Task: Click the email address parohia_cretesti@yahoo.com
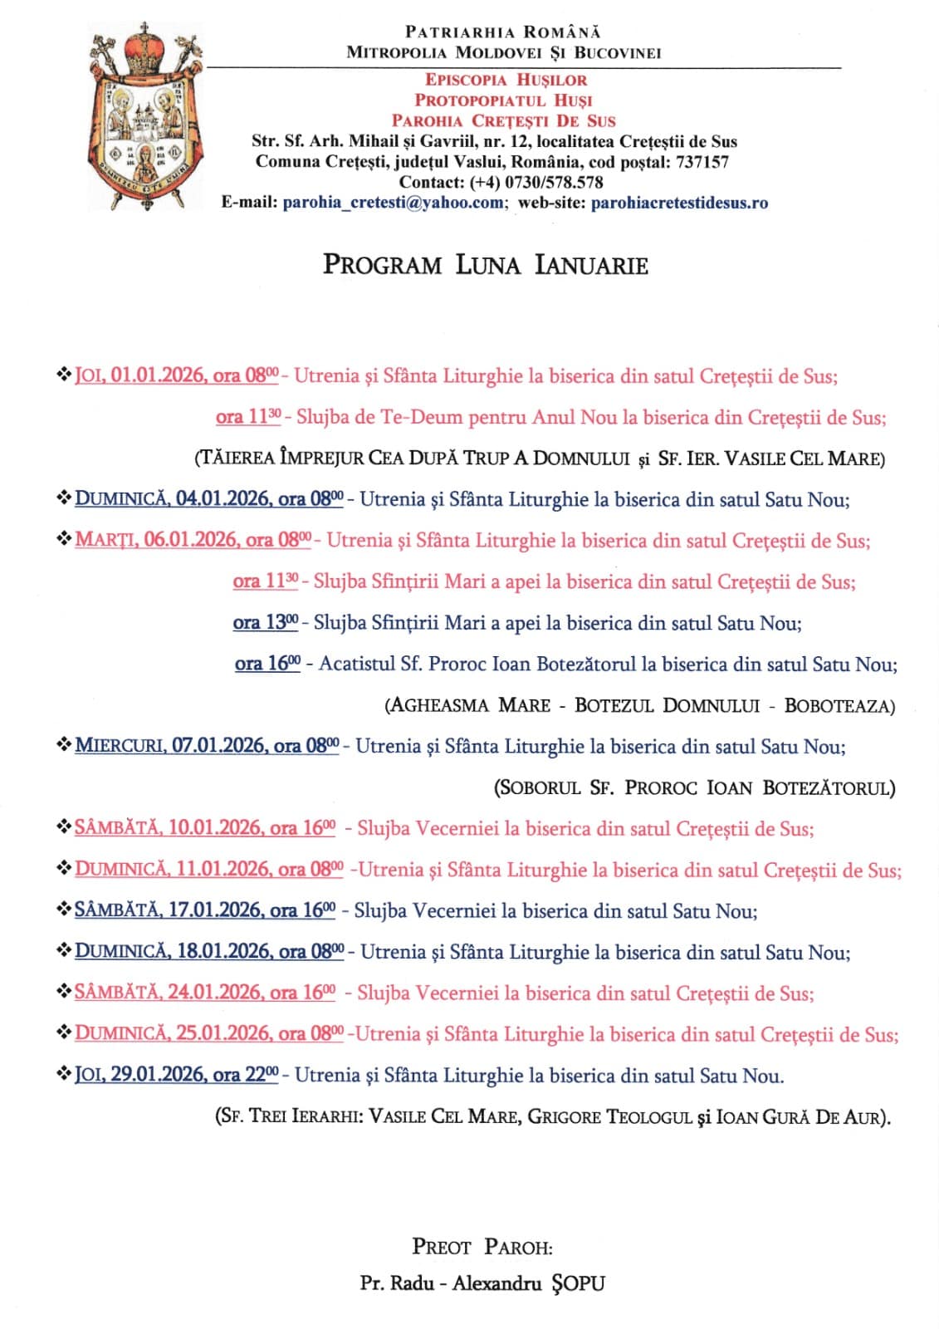coord(393,203)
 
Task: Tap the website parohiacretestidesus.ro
coord(679,203)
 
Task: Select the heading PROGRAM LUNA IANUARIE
coord(485,265)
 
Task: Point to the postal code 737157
coord(702,162)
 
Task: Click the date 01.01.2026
coord(159,375)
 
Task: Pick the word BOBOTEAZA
coord(839,706)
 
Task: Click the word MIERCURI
coord(120,746)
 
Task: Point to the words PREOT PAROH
coord(482,1247)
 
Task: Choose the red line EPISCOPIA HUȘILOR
coord(506,80)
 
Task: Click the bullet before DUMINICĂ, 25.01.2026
coord(63,1033)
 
